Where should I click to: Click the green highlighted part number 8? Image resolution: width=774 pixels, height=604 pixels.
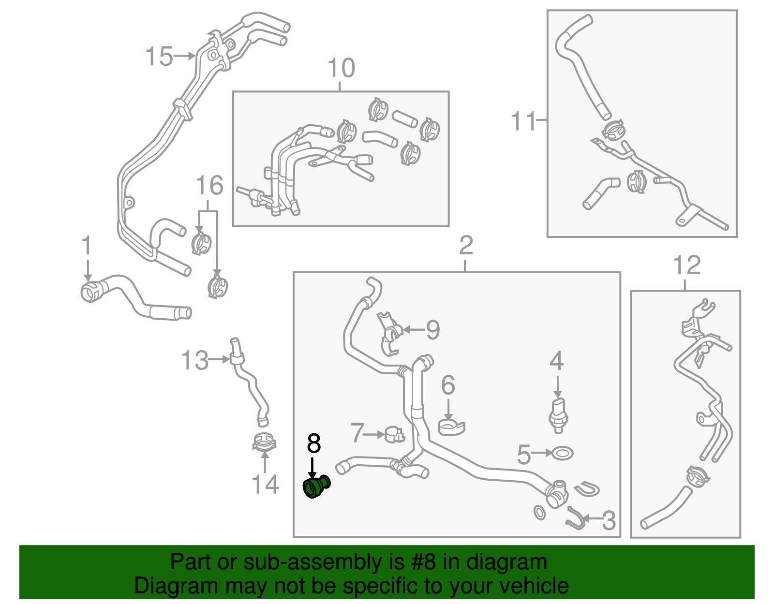point(315,486)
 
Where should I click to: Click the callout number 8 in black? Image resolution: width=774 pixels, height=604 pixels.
point(314,443)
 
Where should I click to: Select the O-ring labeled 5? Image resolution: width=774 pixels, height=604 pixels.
point(563,454)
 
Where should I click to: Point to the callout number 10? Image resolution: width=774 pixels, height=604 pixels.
point(341,68)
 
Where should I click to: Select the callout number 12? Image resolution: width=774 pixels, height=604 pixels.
point(686,265)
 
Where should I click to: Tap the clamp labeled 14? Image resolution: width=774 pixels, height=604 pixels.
point(264,442)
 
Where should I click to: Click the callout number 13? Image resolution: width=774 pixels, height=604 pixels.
point(194,360)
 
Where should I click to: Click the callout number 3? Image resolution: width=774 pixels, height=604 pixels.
point(609,520)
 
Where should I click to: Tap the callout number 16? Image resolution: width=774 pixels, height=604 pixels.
point(209,185)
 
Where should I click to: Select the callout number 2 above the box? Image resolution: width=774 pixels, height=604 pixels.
point(465,246)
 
